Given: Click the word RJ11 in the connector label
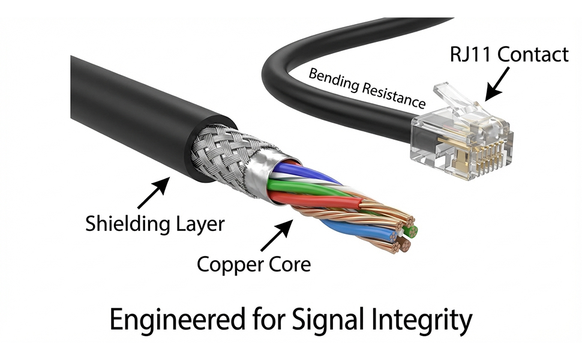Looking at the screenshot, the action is [x=471, y=54].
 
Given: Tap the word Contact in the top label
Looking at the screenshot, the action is [x=533, y=54].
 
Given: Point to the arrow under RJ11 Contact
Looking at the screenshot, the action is [x=497, y=84].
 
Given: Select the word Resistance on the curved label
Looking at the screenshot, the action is [x=394, y=96].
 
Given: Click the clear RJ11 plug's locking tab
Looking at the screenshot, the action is [x=457, y=98].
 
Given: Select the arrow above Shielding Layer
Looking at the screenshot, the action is [x=154, y=193].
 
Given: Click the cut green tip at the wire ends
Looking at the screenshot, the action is [x=411, y=232].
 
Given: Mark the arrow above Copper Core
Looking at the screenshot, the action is [x=277, y=235].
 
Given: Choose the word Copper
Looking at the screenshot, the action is [x=226, y=265].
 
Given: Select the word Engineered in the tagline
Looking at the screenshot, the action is [x=178, y=320].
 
